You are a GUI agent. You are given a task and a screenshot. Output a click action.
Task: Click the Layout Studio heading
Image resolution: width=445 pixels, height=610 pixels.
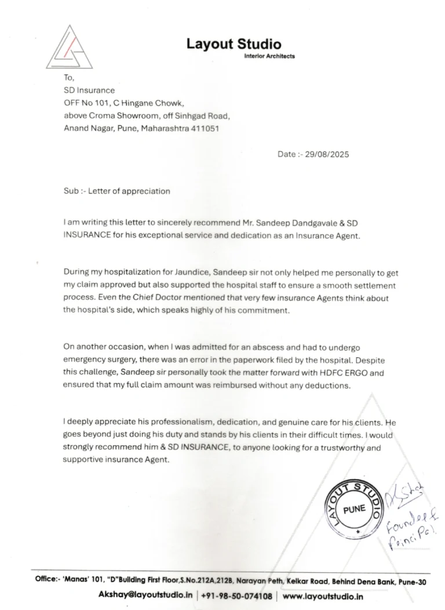click(x=234, y=44)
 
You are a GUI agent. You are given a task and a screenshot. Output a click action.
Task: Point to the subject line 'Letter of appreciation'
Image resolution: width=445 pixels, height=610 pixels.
click(x=129, y=191)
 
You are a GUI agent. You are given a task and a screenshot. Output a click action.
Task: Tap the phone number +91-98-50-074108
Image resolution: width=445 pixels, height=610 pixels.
click(x=236, y=596)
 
